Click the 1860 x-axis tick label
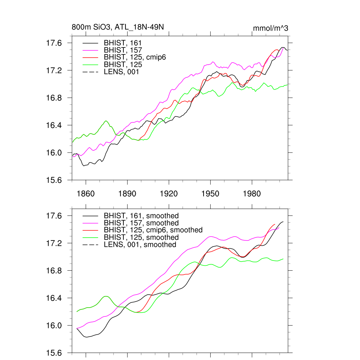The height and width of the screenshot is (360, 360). (x=85, y=194)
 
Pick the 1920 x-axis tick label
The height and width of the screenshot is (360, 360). (x=169, y=194)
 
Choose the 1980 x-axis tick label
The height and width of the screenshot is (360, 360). (x=252, y=194)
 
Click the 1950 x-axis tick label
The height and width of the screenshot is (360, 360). (x=211, y=194)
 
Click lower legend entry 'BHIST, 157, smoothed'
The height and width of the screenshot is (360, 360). (x=141, y=223)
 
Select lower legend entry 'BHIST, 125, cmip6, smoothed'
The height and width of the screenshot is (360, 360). (x=153, y=230)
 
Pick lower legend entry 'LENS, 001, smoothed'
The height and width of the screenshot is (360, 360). (x=140, y=244)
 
